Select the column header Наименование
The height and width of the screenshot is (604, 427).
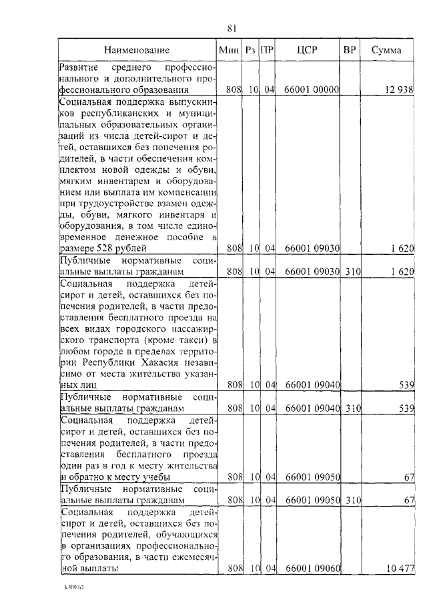(136, 50)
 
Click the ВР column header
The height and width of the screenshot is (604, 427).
(349, 50)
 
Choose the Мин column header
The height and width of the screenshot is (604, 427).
(229, 50)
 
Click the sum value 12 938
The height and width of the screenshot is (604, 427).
(400, 89)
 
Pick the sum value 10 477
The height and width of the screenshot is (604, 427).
(400, 568)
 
